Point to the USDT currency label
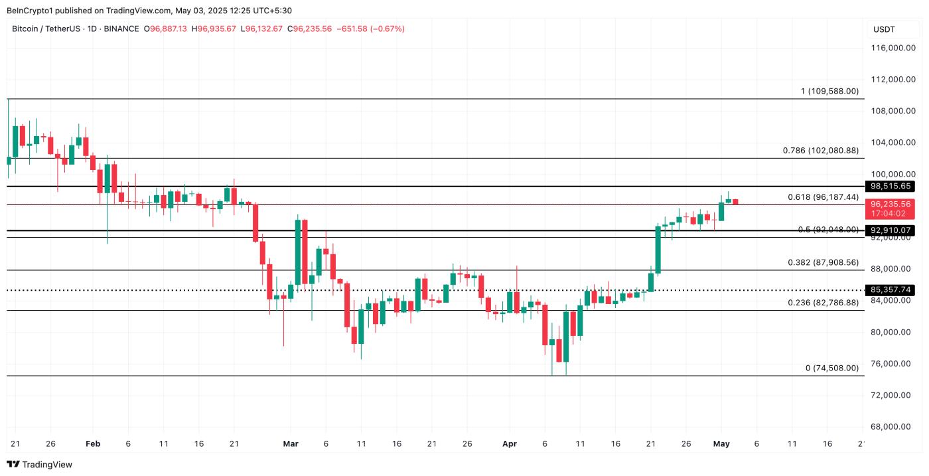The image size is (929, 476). (884, 29)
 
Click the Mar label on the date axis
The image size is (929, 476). (291, 443)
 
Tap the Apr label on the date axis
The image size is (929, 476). (510, 443)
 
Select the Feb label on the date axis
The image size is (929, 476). (93, 443)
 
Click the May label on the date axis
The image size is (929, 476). (721, 443)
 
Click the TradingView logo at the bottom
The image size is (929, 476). (40, 465)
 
